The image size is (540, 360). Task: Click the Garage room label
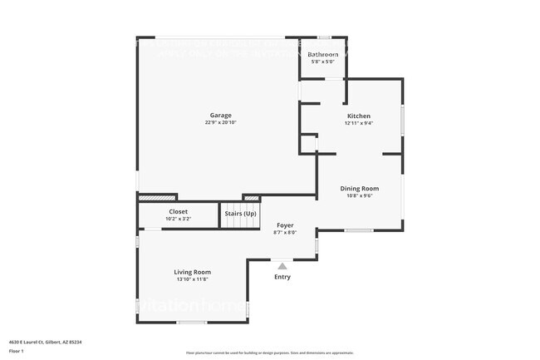220,116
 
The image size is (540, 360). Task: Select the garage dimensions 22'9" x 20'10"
220,123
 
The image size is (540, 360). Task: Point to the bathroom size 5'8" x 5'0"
323,62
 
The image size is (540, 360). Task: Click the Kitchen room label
359,116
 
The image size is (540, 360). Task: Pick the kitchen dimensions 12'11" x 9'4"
359,123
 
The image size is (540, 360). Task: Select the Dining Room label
359,189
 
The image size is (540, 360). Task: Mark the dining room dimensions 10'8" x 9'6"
359,196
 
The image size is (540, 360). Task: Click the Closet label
179,211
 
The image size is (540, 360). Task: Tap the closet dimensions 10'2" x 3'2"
179,219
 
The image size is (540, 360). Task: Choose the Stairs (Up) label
241,214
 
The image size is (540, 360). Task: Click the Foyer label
285,224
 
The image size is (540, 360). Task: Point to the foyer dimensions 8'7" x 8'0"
285,232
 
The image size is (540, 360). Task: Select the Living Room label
192,272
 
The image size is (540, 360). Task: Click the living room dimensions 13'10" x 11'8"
192,279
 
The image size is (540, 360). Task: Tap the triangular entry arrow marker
282,266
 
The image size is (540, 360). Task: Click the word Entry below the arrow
282,277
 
